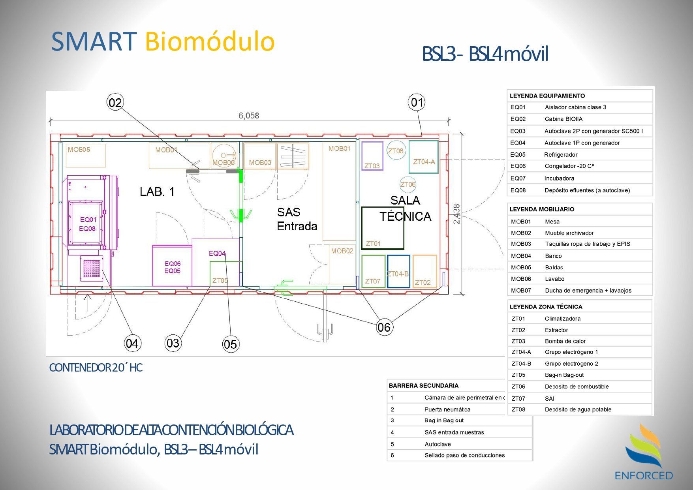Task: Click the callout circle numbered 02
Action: click(x=115, y=103)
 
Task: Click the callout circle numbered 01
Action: click(x=417, y=103)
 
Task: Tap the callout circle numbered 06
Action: click(x=384, y=327)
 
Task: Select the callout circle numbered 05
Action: click(x=230, y=344)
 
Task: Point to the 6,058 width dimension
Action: click(x=249, y=116)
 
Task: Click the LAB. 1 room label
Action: click(x=157, y=192)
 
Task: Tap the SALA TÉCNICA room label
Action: click(x=405, y=208)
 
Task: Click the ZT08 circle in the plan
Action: click(x=396, y=150)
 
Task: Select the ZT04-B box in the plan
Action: click(x=398, y=271)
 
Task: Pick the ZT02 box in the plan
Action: click(x=424, y=271)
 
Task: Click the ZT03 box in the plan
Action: click(x=372, y=156)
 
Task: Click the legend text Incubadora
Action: click(x=559, y=178)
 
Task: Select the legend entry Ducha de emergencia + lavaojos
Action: click(x=588, y=291)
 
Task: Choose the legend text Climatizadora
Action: click(x=562, y=319)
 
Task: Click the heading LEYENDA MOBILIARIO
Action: click(x=542, y=209)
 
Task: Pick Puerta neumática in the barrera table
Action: click(x=447, y=409)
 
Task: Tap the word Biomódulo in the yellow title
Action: click(x=210, y=41)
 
